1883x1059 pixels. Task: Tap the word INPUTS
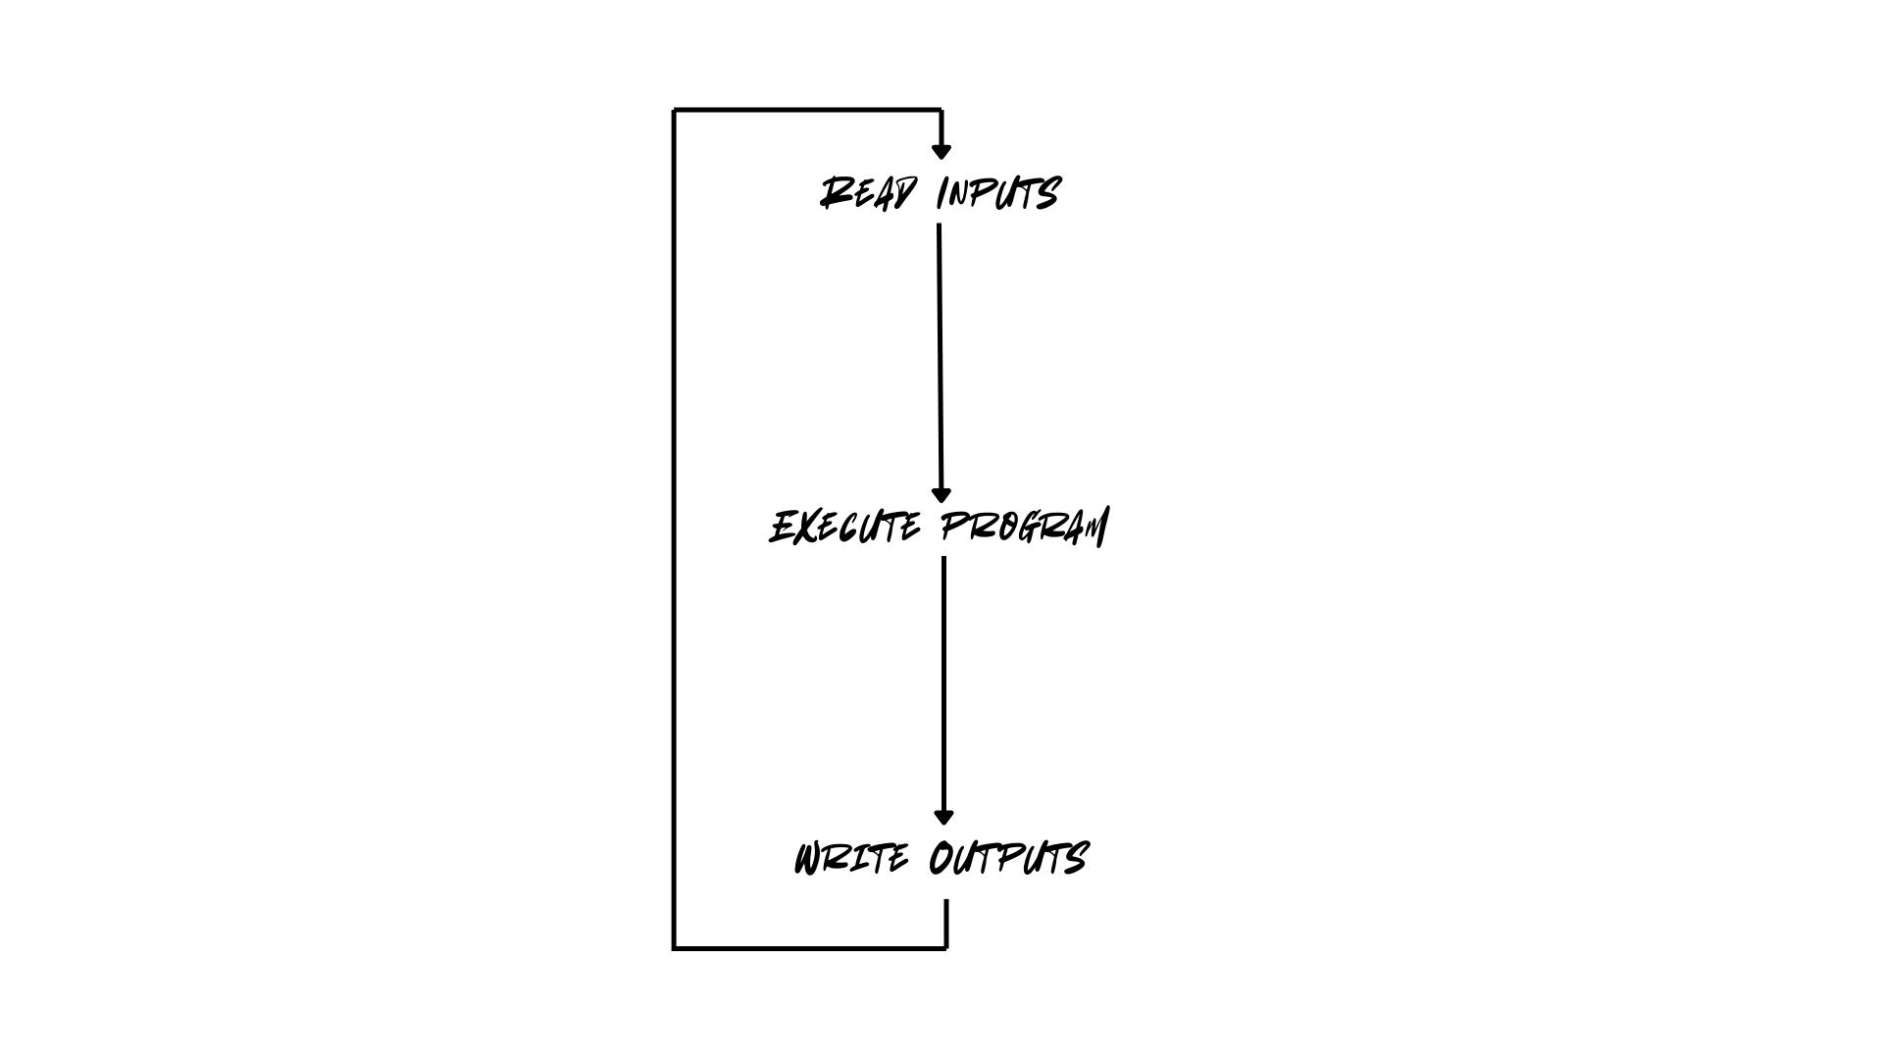click(998, 193)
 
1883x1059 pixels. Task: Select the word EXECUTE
click(845, 528)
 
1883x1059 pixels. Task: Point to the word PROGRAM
click(1024, 528)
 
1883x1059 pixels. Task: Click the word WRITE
click(851, 859)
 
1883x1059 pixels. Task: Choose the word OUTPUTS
click(1008, 859)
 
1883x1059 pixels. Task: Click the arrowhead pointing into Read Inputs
click(941, 151)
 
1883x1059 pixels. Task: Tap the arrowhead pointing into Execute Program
click(941, 495)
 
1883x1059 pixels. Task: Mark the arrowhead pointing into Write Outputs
click(944, 817)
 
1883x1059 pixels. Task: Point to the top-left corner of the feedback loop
click(675, 110)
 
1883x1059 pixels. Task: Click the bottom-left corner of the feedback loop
click(675, 948)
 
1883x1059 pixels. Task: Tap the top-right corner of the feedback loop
click(941, 110)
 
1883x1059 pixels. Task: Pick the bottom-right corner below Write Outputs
click(946, 948)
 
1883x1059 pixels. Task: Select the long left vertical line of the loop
click(675, 529)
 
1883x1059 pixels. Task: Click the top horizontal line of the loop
click(808, 110)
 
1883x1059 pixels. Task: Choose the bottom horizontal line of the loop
click(810, 948)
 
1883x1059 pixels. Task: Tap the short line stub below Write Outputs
click(946, 922)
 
